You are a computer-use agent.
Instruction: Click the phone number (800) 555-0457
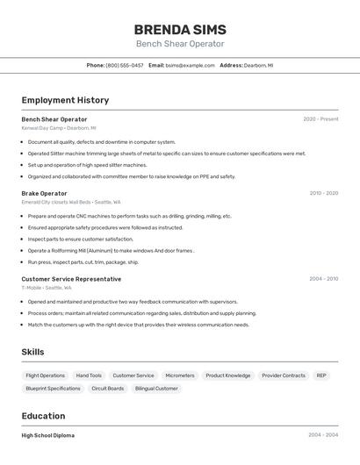[x=125, y=65]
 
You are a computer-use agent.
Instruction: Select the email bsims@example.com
[x=191, y=65]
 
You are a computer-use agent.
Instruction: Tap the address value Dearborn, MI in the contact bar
[x=258, y=65]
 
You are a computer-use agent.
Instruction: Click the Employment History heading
[x=65, y=100]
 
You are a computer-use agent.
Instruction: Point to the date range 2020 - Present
[x=320, y=119]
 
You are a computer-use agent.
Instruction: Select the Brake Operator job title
[x=44, y=193]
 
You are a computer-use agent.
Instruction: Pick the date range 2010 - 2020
[x=323, y=193]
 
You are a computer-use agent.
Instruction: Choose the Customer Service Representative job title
[x=71, y=279]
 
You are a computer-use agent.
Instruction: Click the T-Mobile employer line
[x=47, y=288]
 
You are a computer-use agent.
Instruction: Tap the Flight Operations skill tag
[x=46, y=376]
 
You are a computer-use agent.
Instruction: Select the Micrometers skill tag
[x=180, y=376]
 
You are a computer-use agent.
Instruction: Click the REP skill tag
[x=321, y=376]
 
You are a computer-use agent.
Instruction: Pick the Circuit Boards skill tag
[x=108, y=388]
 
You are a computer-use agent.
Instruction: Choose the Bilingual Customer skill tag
[x=156, y=388]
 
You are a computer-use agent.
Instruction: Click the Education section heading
[x=43, y=416]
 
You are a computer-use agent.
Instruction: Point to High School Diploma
[x=47, y=435]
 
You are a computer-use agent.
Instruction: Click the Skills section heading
[x=32, y=352]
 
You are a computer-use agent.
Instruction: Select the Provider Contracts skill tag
[x=284, y=376]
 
